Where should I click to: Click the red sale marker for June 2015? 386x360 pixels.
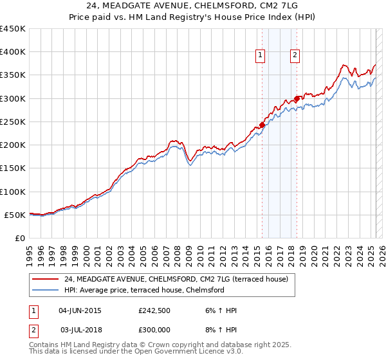click(x=262, y=125)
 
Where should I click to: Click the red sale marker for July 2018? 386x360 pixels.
click(x=297, y=98)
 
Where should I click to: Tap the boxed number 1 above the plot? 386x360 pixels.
click(x=261, y=56)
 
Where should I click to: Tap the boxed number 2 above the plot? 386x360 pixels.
click(x=295, y=56)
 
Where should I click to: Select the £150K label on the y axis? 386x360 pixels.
click(x=13, y=168)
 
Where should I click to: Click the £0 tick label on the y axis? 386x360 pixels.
click(x=19, y=239)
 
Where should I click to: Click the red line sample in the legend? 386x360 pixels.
click(x=44, y=279)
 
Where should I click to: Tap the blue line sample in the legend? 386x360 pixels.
click(x=44, y=290)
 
